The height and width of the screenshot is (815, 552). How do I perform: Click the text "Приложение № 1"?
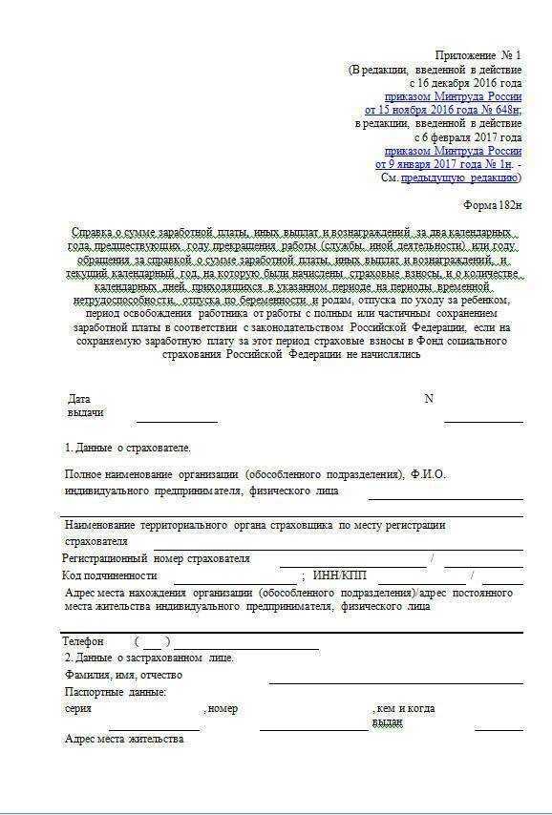[478, 54]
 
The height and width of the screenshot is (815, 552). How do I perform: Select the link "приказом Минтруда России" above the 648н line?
[453, 96]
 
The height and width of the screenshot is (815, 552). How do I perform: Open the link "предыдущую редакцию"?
[458, 178]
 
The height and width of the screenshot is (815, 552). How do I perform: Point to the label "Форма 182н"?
[492, 205]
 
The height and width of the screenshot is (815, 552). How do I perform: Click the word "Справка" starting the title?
[92, 232]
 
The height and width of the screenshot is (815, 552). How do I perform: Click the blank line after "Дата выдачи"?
[177, 416]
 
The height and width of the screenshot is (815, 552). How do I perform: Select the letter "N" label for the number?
[429, 399]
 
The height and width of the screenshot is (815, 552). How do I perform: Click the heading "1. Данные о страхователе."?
[128, 448]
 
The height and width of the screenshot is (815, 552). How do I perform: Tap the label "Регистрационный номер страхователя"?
[157, 558]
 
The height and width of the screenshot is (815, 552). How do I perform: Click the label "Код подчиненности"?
[110, 575]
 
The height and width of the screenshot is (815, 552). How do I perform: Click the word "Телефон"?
[83, 641]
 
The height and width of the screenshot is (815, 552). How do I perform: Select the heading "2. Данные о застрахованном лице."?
[149, 658]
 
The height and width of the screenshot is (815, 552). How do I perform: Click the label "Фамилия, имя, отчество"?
[123, 675]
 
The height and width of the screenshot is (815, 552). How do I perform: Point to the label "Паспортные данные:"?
[116, 692]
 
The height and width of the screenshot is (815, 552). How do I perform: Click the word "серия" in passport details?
[78, 709]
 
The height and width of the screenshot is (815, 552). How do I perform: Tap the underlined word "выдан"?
[387, 722]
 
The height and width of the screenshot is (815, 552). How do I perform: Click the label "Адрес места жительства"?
[123, 740]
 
